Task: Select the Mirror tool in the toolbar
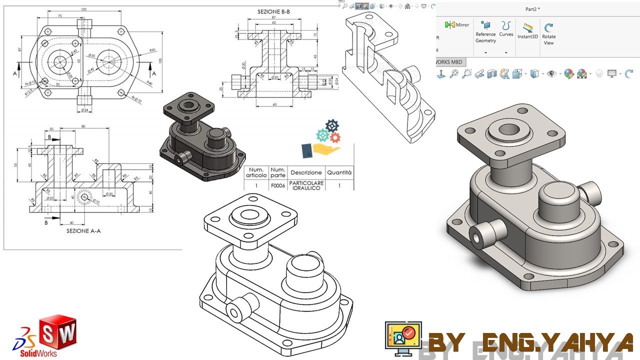(457, 24)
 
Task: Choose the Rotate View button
(548, 33)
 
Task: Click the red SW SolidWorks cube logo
(58, 332)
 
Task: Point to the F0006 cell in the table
(278, 185)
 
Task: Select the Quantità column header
(339, 172)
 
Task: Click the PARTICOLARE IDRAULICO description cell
(306, 185)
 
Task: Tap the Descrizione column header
(306, 172)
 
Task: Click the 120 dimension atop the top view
(83, 9)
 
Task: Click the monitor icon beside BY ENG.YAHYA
(403, 338)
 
